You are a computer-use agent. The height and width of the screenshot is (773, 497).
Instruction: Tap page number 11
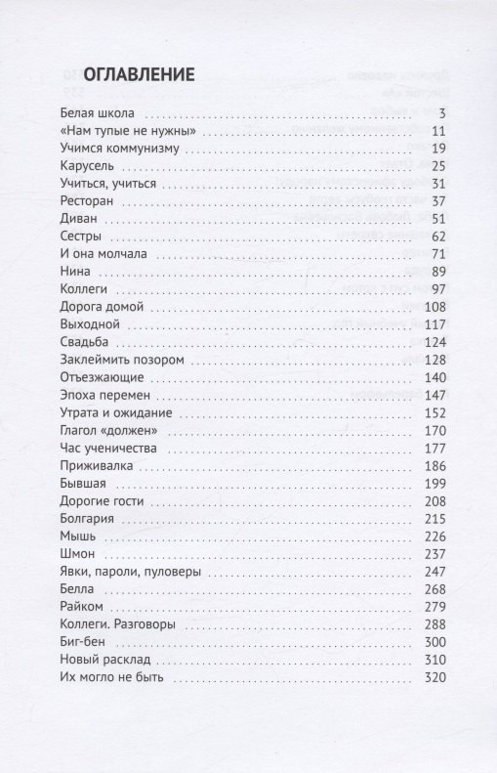tap(437, 131)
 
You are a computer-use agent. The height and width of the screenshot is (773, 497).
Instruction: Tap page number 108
tap(435, 308)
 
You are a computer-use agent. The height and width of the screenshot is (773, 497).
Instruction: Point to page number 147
tap(435, 396)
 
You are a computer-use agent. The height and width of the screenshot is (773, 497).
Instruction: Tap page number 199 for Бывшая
tap(435, 484)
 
